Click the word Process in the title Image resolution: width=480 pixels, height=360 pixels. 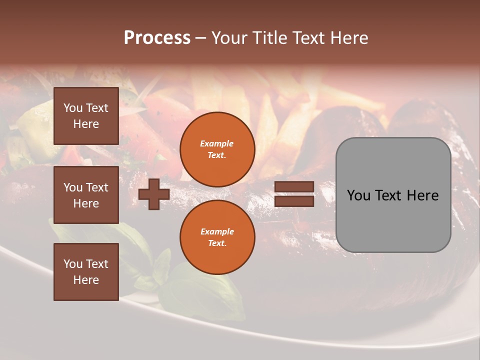[157, 38]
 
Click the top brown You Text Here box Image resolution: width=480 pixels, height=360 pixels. [86, 116]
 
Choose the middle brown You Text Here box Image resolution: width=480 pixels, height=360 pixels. [86, 195]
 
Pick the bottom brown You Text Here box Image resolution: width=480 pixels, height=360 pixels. [86, 272]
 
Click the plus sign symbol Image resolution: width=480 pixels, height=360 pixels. [153, 194]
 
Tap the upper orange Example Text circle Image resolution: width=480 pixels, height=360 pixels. [217, 149]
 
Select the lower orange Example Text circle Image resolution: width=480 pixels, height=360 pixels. [217, 237]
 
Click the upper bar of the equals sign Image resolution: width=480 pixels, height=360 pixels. [294, 187]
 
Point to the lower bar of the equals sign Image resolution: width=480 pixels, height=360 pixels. [294, 201]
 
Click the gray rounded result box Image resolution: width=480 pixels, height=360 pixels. [393, 195]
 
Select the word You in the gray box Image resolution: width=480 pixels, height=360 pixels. [359, 195]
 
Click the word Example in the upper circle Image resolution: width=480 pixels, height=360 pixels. [217, 143]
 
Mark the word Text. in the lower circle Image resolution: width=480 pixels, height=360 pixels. [217, 243]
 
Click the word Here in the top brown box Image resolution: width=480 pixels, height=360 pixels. [86, 124]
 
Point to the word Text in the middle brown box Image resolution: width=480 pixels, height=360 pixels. [97, 187]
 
